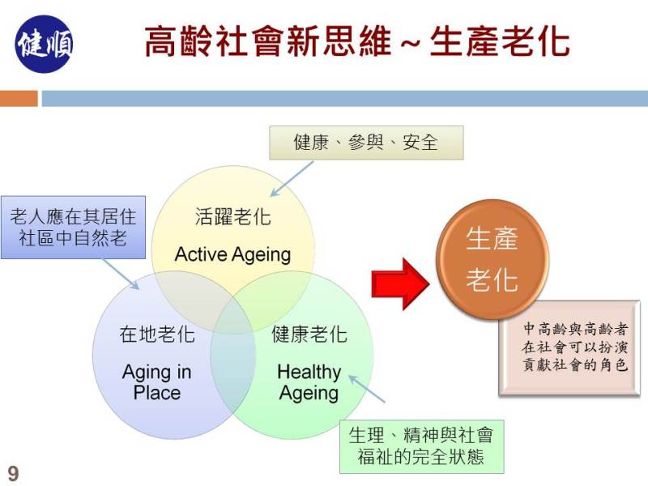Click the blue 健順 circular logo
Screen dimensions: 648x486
coord(45,45)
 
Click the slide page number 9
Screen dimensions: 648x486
coord(13,473)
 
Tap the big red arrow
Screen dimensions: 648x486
coord(400,284)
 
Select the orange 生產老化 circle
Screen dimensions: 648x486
coord(492,259)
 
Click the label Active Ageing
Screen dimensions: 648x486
coord(232,254)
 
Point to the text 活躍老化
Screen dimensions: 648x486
coord(232,216)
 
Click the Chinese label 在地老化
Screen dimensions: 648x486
coord(157,334)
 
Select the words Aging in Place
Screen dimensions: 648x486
coord(157,382)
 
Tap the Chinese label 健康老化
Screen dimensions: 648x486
coord(309,334)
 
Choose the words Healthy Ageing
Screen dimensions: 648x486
coord(309,382)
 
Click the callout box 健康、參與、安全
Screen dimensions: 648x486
coord(366,143)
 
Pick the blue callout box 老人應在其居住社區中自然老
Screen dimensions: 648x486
coord(73,228)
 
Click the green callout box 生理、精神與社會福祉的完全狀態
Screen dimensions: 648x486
coord(421,446)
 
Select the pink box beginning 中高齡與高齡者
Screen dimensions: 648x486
coord(569,348)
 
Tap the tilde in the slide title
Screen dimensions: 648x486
coord(411,42)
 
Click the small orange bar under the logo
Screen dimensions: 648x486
coord(19,98)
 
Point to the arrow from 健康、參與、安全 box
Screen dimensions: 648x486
coord(292,179)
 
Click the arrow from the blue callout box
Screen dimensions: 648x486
coord(121,275)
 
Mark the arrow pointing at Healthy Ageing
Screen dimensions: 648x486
coord(367,389)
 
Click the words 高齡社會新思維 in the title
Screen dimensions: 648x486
coord(268,41)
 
